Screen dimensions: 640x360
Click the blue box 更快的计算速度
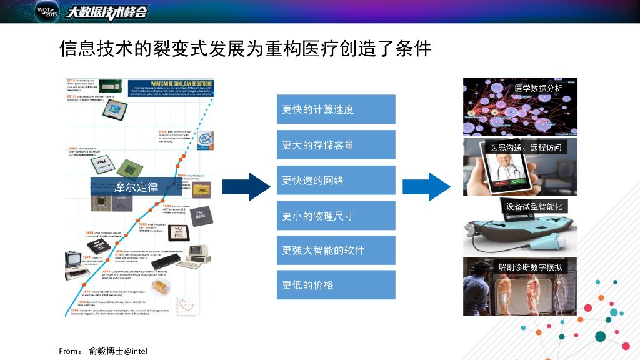coord(336,109)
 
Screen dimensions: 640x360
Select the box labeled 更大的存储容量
coord(336,145)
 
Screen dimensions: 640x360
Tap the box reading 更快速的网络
coord(336,180)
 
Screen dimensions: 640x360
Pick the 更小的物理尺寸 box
coord(336,216)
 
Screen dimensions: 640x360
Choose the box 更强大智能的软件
coord(336,250)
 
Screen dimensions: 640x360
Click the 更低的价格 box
coord(336,285)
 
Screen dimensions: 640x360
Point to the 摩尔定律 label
coord(136,186)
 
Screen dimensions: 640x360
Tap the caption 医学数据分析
coord(538,88)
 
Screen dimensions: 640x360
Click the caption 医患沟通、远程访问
coord(526,148)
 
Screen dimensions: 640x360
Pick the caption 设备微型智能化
coord(534,206)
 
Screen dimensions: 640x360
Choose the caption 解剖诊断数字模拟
coord(529,267)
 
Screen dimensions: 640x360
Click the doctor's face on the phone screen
coord(499,164)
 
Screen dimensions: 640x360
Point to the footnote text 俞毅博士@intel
coord(118,351)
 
